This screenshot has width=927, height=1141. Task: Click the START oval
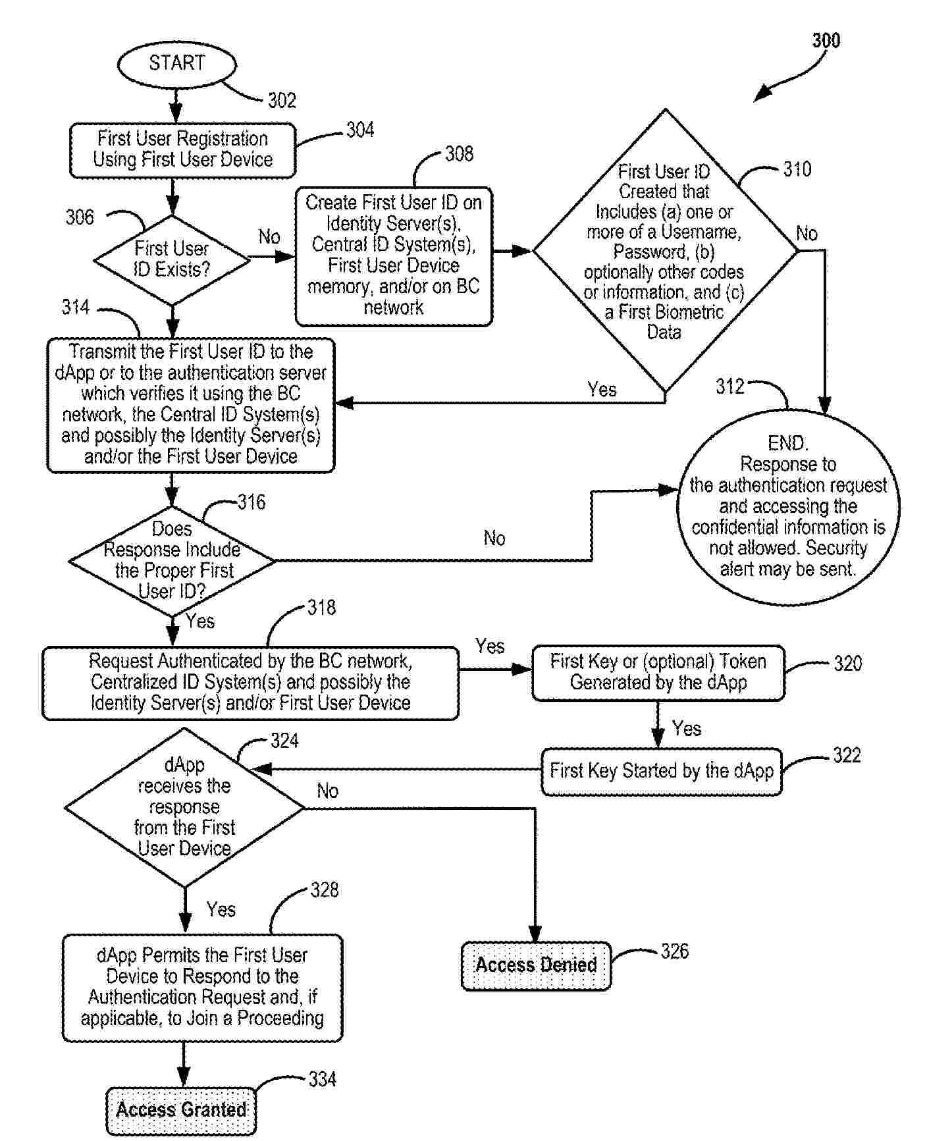(176, 64)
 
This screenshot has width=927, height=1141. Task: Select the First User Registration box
(182, 150)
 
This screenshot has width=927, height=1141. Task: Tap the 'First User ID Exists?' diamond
(172, 259)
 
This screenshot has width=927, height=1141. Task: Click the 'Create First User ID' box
(394, 255)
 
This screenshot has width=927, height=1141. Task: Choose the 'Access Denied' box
(536, 965)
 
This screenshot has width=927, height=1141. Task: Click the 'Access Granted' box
(181, 1110)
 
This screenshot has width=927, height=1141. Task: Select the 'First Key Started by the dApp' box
(661, 771)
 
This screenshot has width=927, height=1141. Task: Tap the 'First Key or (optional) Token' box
(658, 672)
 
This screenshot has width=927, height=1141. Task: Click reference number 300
(826, 41)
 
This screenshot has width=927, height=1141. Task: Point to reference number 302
(282, 101)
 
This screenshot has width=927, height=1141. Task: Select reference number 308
(459, 154)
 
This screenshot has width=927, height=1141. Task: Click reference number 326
(675, 951)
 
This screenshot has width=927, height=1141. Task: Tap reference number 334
(322, 1080)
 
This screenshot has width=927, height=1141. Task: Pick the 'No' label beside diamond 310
(807, 234)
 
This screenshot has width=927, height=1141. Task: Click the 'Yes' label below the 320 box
(687, 729)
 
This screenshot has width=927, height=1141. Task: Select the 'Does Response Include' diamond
(172, 561)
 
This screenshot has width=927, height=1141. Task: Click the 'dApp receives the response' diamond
(184, 807)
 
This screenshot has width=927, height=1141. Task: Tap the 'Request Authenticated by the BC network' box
(250, 682)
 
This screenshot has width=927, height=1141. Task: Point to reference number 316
(252, 503)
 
